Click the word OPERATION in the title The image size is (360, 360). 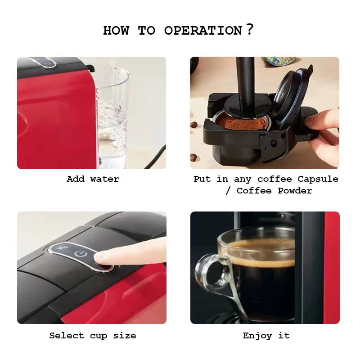point(203,31)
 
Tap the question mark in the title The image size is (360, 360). point(250,29)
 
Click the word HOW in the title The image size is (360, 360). point(116,31)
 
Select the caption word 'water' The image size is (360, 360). point(105,179)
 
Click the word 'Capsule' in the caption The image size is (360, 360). point(318,179)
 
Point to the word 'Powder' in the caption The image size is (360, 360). point(295,191)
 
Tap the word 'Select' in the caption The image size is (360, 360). point(67,336)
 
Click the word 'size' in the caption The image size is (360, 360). point(125,336)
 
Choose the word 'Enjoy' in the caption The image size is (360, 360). point(257,336)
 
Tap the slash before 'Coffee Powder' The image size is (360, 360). point(228,191)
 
